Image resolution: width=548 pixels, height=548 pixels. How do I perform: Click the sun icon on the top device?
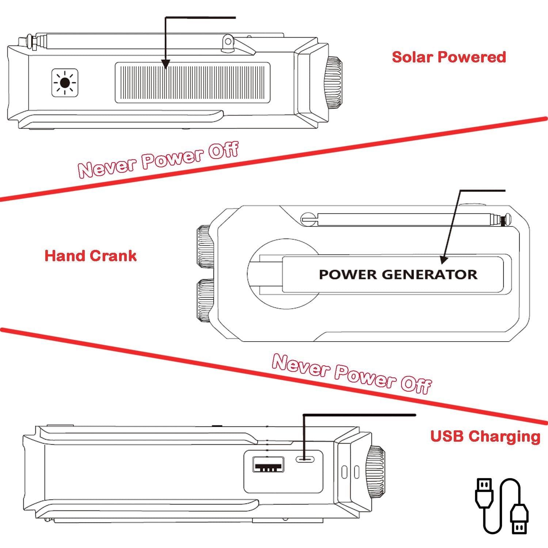pos(65,83)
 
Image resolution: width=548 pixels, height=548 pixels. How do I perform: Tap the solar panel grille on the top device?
pos(193,83)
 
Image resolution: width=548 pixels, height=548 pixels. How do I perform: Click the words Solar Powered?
pos(449,57)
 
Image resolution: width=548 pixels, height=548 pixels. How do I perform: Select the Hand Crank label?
pos(90,256)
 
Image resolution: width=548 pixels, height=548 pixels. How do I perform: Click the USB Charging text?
pos(485,436)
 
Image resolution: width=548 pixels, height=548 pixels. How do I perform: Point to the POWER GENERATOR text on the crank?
pos(398,274)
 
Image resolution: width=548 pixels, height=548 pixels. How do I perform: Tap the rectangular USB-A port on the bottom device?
pos(269,464)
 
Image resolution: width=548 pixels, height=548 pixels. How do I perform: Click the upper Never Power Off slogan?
pos(158,159)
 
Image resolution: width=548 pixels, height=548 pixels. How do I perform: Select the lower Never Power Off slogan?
pos(351,374)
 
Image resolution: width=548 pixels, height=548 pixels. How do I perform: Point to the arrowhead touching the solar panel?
pos(165,65)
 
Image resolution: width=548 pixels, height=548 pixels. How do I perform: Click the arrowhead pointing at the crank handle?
pos(444,259)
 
